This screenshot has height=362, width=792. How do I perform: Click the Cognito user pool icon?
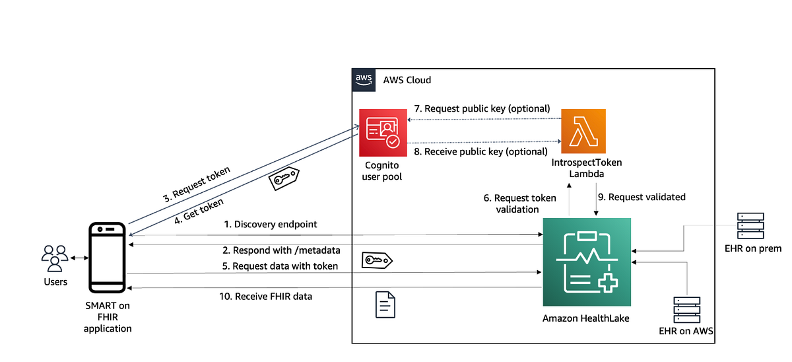click(x=383, y=133)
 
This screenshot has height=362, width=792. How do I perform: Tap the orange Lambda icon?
click(x=583, y=132)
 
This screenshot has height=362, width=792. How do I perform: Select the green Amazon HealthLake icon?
click(x=587, y=262)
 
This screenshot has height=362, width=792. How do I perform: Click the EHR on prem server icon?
click(x=751, y=226)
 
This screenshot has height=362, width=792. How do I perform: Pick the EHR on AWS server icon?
click(x=687, y=310)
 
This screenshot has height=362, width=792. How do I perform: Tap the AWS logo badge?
click(x=364, y=80)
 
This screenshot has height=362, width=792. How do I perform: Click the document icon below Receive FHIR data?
click(x=386, y=305)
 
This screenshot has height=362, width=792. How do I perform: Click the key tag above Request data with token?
click(x=377, y=261)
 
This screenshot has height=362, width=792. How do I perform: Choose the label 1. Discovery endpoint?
click(x=271, y=225)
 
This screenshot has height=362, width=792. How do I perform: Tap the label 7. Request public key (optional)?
click(x=482, y=108)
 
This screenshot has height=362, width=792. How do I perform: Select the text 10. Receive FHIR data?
click(x=265, y=297)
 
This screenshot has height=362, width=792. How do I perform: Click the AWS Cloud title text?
click(x=407, y=80)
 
